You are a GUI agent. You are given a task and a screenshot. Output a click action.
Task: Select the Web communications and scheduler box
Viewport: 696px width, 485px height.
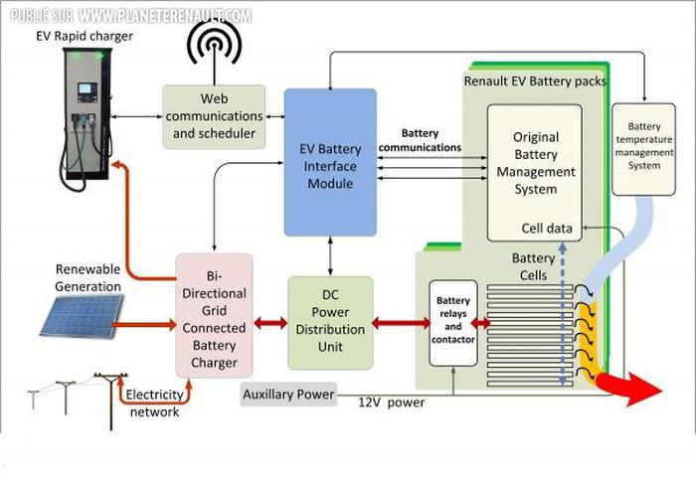pos(214,116)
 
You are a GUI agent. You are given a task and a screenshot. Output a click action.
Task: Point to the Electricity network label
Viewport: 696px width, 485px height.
pos(153,404)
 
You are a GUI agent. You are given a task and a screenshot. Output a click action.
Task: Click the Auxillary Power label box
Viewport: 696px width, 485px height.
pos(288,396)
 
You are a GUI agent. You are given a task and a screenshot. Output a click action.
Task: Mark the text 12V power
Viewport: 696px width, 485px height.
pos(392,403)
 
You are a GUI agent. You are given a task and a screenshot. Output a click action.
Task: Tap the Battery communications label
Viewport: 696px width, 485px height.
pos(433,140)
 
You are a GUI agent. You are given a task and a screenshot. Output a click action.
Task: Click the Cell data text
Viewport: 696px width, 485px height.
pos(546,229)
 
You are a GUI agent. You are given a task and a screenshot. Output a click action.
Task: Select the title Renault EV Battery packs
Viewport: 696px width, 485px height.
pos(535,81)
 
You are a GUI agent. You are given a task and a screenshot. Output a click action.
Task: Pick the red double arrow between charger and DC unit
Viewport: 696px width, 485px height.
pos(269,324)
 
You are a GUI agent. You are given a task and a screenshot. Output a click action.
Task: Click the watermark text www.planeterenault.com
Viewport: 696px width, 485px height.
pos(164,16)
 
